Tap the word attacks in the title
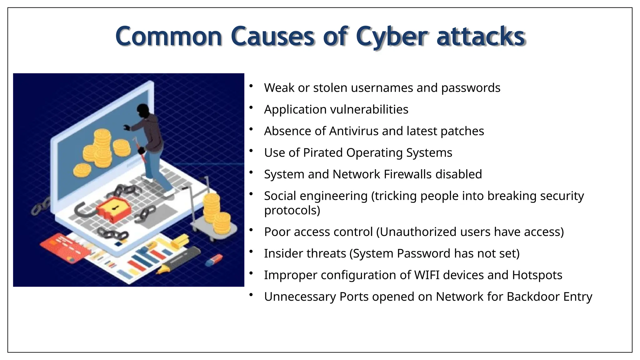tap(481, 37)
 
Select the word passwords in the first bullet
tap(471, 88)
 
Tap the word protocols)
tap(292, 210)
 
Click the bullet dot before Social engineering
tap(251, 194)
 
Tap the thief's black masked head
tap(143, 111)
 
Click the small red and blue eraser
tap(214, 260)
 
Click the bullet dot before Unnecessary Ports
tap(251, 295)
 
